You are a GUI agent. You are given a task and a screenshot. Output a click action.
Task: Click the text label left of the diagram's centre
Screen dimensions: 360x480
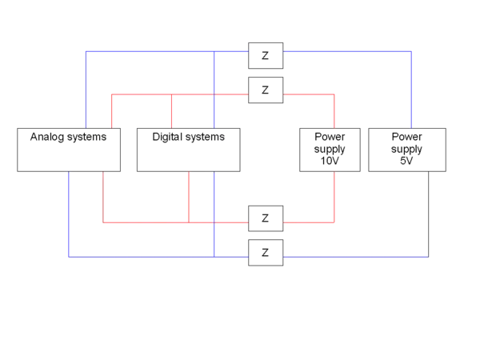[x=66, y=137]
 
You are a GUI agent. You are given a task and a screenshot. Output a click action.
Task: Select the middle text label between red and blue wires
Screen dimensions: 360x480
[x=193, y=138]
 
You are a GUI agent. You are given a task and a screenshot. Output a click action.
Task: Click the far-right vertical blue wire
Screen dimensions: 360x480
[x=412, y=88]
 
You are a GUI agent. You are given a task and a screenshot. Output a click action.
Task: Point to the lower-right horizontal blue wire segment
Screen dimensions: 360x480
[x=356, y=258]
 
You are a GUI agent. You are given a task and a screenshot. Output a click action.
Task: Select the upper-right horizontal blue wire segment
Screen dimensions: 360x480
[x=348, y=51]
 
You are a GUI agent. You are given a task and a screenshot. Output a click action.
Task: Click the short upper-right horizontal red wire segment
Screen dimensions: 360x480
[x=308, y=94]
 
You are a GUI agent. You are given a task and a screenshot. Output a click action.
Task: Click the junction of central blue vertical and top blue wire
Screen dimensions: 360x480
[x=214, y=51]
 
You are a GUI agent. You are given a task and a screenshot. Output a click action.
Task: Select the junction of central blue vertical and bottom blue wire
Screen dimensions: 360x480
[x=214, y=258]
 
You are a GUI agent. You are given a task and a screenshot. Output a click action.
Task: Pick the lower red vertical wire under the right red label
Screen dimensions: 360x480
[x=334, y=196]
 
